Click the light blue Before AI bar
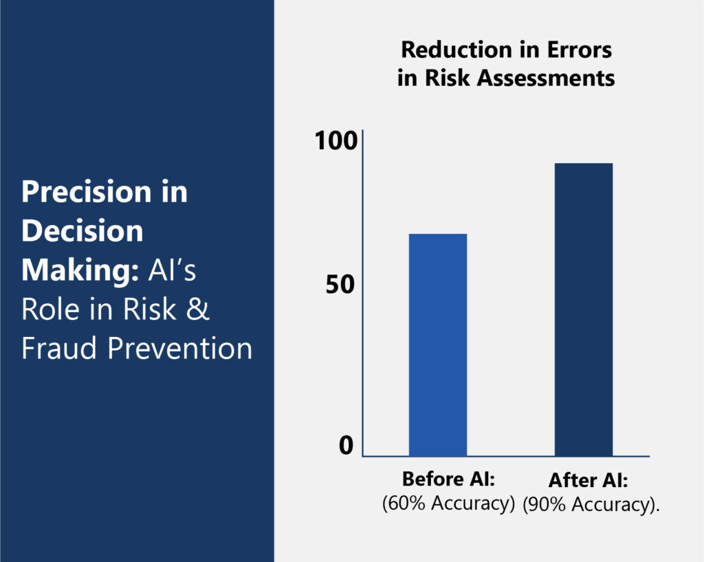point(438,345)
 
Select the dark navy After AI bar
point(584,310)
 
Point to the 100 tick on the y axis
point(335,140)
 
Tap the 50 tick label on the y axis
point(340,284)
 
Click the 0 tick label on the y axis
point(346,445)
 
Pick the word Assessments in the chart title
point(545,78)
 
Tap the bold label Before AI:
point(448,479)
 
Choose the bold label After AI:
point(588,480)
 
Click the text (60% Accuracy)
point(448,503)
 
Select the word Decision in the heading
point(82,231)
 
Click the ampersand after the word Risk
point(198,309)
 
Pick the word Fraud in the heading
point(59,348)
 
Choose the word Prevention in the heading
point(179,348)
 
